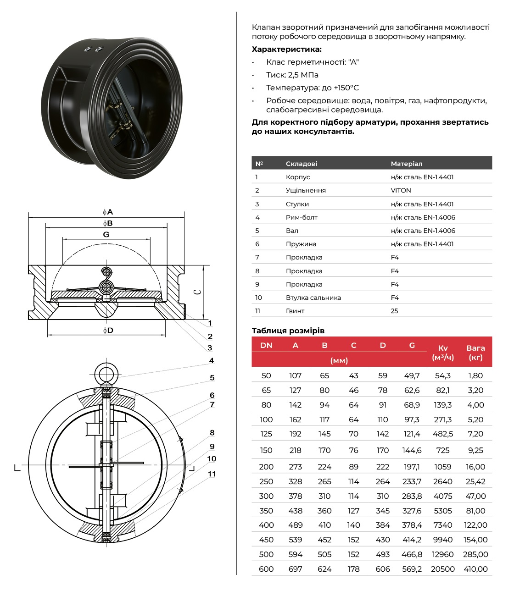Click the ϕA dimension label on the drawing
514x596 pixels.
tap(108, 212)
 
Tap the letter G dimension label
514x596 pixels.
tap(106, 234)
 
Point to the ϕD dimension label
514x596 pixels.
tap(108, 330)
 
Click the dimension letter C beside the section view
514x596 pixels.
tap(198, 292)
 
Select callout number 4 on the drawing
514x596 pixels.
tap(212, 360)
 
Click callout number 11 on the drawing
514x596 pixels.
tap(212, 474)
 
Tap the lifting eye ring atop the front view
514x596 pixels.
tap(106, 371)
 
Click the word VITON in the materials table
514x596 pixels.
tap(401, 190)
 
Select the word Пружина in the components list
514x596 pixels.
tap(301, 244)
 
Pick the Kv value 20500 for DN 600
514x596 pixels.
tap(442, 569)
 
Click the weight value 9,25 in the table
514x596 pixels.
tap(475, 450)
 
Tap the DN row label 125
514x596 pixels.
tap(266, 434)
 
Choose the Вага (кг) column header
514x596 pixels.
tap(475, 352)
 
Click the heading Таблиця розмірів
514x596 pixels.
tap(288, 331)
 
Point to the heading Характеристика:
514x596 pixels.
tap(286, 49)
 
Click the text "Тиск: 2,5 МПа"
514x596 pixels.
tap(292, 75)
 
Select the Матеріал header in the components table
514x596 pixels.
tap(406, 164)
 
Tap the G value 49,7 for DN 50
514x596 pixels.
tap(412, 375)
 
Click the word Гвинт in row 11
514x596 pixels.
tap(295, 311)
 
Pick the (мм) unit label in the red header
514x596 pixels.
tap(339, 360)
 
